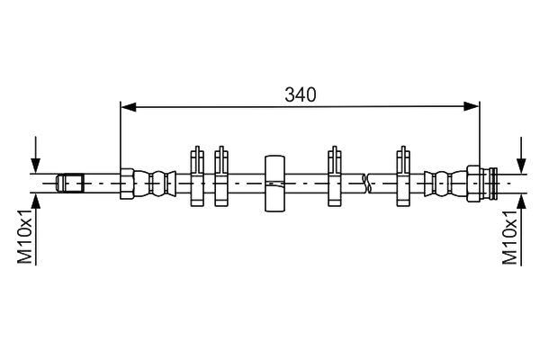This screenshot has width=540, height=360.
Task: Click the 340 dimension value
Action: point(300,94)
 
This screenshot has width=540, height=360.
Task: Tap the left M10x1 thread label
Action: point(25,236)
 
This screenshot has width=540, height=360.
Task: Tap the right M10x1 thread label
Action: point(510,237)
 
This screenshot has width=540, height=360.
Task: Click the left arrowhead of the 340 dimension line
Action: point(129,107)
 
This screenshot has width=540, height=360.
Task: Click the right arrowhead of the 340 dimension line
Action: point(471,106)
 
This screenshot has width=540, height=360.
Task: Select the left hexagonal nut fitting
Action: point(127,184)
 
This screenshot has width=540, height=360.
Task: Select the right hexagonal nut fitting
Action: point(474,184)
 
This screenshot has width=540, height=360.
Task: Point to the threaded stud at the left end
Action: point(70,184)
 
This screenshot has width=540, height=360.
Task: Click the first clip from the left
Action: point(197,176)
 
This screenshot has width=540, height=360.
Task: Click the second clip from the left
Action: point(221,176)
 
